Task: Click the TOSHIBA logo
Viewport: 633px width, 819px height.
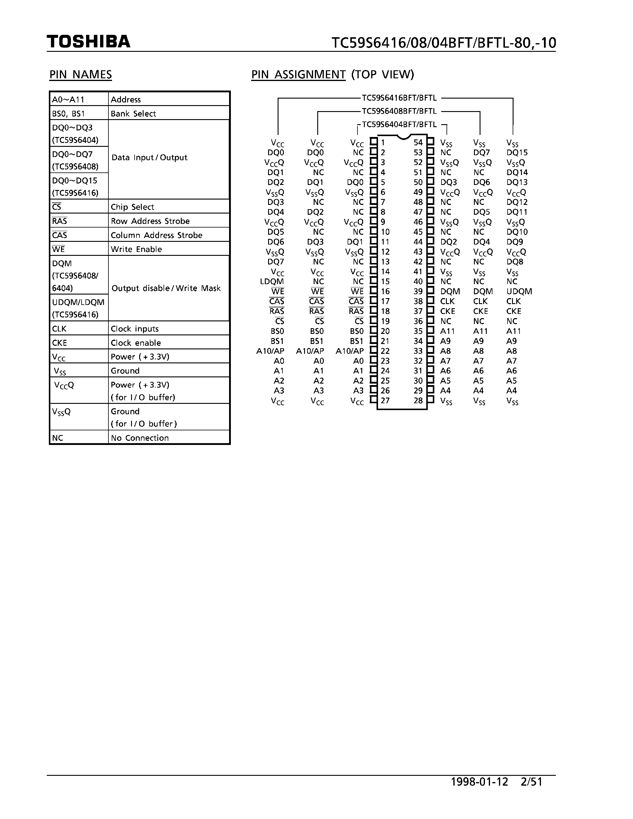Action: pyautogui.click(x=88, y=42)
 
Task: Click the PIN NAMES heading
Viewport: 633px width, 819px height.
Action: pyautogui.click(x=81, y=75)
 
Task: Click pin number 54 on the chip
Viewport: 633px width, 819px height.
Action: pyautogui.click(x=418, y=142)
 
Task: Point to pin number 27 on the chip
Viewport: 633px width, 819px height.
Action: pyautogui.click(x=385, y=401)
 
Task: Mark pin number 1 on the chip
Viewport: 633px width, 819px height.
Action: pyautogui.click(x=382, y=142)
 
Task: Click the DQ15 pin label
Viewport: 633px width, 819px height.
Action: pyautogui.click(x=517, y=152)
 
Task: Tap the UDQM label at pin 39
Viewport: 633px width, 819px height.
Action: pyautogui.click(x=519, y=291)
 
